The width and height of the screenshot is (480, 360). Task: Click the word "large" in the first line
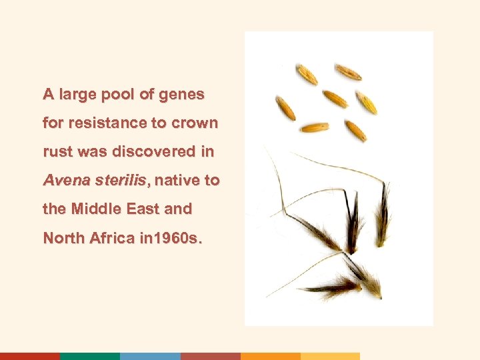(77, 95)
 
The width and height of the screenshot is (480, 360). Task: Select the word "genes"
(182, 95)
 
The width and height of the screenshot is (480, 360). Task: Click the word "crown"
(195, 123)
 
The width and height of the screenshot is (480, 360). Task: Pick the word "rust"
(58, 152)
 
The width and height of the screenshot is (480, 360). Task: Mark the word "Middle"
(93, 209)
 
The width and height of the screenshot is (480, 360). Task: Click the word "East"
(140, 209)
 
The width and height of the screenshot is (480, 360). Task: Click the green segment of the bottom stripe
(90, 356)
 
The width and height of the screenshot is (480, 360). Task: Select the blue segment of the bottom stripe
(150, 356)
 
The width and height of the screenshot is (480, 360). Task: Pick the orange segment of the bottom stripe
(270, 356)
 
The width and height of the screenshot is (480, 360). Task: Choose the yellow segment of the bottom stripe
(330, 356)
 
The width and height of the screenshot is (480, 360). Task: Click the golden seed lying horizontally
(314, 127)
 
